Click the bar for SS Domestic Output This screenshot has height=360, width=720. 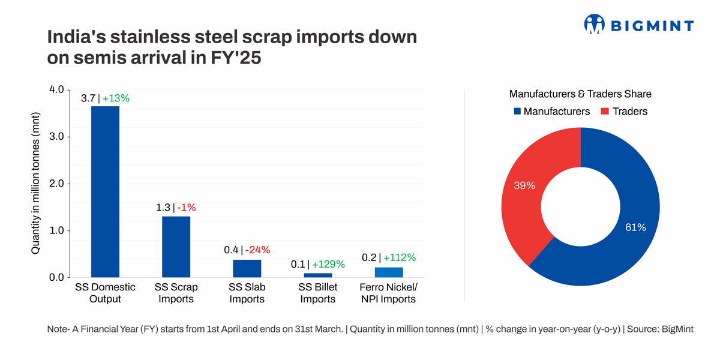(105, 192)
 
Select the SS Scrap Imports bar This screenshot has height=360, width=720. (176, 247)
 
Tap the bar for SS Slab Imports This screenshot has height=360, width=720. (247, 268)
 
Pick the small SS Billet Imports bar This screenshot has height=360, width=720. (317, 275)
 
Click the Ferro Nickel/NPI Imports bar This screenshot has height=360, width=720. (389, 272)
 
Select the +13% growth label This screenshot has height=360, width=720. (116, 98)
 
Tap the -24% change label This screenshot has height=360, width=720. (257, 250)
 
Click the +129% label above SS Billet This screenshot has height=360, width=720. (328, 264)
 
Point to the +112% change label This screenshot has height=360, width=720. (400, 257)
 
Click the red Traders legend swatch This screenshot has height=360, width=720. (605, 112)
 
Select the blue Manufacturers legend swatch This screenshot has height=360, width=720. (516, 112)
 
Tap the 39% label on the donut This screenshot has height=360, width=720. (524, 186)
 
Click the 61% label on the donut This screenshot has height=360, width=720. (635, 227)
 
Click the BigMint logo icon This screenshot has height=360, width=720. (594, 25)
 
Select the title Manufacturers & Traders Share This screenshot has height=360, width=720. (580, 94)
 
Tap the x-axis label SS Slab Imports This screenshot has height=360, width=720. (247, 293)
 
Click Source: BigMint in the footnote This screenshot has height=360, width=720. (660, 330)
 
